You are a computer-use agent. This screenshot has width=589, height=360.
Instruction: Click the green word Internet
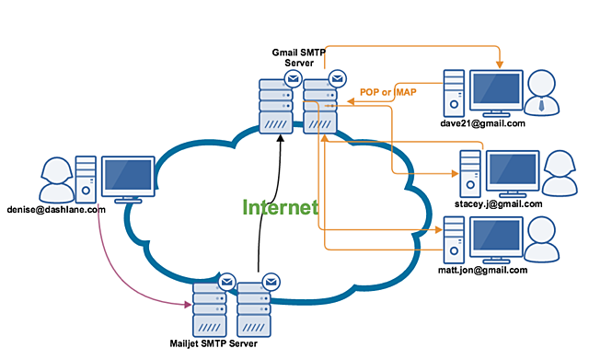pyautogui.click(x=281, y=207)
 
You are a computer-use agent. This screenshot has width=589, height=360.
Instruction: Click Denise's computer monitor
pyautogui.click(x=127, y=176)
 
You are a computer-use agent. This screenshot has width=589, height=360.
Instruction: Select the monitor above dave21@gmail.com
pyautogui.click(x=498, y=90)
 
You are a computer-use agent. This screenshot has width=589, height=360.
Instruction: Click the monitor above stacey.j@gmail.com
pyautogui.click(x=513, y=169)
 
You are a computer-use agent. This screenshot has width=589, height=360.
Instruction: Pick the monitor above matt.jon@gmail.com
pyautogui.click(x=498, y=238)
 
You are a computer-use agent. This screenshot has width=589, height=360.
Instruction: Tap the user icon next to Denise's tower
pyautogui.click(x=51, y=180)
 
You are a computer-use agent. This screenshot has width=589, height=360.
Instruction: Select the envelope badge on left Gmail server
pyautogui.click(x=293, y=77)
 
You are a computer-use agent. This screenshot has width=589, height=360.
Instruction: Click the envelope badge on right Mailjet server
pyautogui.click(x=270, y=281)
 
